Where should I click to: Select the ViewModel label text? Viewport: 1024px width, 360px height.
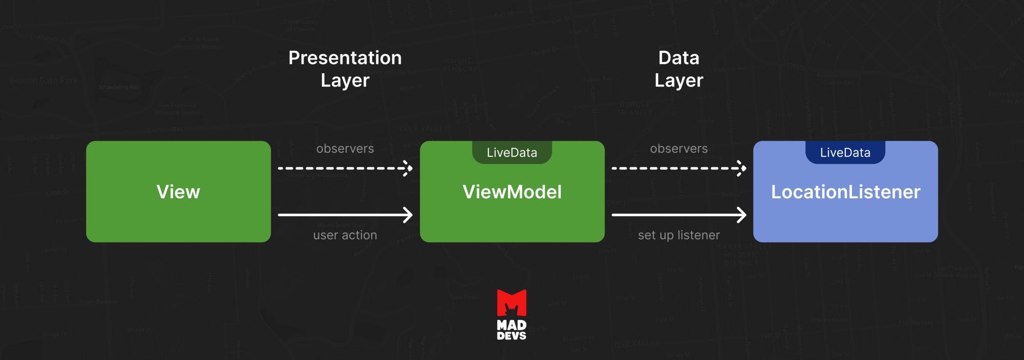click(512, 192)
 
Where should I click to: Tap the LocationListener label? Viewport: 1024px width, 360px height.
click(845, 192)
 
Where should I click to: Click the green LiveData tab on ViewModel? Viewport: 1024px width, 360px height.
click(512, 153)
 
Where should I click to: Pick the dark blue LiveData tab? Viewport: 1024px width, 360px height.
click(845, 153)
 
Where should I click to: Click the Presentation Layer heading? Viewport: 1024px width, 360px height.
click(345, 69)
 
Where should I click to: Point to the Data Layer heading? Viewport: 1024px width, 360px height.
click(678, 69)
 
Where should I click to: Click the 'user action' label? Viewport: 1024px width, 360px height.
click(345, 235)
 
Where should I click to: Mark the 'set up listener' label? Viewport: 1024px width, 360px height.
click(678, 235)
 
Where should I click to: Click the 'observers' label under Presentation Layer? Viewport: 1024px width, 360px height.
click(345, 149)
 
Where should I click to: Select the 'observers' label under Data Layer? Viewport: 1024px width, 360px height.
click(678, 149)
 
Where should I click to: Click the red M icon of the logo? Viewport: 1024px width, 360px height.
click(511, 303)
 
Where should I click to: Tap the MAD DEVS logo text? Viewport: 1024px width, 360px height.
click(511, 330)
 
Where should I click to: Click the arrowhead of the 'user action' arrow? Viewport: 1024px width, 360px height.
click(409, 215)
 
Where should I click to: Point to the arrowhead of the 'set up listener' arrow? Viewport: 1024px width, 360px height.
click(742, 215)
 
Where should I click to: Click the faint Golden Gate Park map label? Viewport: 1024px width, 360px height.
click(44, 81)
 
